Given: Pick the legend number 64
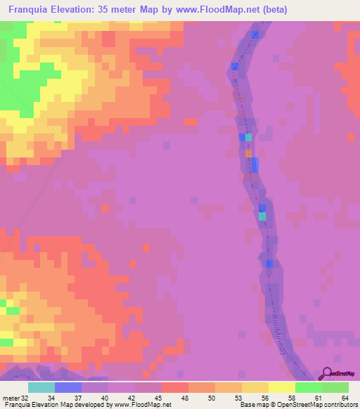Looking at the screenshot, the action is pyautogui.click(x=345, y=397).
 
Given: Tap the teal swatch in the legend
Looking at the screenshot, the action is pyautogui.click(x=41, y=387).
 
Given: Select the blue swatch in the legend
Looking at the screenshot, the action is pyautogui.click(x=68, y=387).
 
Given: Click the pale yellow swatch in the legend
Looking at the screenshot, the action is pyautogui.click(x=282, y=387).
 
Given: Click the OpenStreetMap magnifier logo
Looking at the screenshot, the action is pyautogui.click(x=326, y=373).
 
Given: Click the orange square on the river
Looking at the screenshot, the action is pyautogui.click(x=248, y=152).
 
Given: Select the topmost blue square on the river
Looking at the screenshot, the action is pyautogui.click(x=255, y=34).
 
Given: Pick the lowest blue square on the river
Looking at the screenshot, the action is pyautogui.click(x=269, y=264).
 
